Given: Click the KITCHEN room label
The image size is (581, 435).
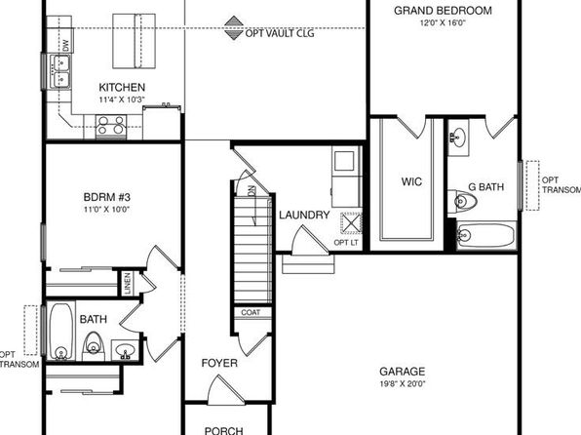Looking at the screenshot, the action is tap(122, 88).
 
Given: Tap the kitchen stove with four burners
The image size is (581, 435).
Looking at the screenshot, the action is tap(111, 125).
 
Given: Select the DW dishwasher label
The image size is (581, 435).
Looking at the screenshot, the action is tap(66, 46).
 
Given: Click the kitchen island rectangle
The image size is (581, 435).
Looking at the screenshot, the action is tap(134, 41).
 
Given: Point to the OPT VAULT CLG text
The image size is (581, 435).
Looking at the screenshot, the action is tap(280, 34).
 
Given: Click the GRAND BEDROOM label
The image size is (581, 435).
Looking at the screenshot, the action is tap(443, 11).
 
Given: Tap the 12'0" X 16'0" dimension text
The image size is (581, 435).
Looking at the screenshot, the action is tap(443, 23).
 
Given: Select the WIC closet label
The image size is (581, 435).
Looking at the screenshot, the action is tap(411, 181).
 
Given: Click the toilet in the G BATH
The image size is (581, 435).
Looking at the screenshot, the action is tap(462, 201).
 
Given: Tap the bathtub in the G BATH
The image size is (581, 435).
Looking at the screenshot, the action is tap(486, 235).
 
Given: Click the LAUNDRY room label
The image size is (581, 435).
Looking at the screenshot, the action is tap(304, 216).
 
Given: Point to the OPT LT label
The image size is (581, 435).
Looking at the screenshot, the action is tap(346, 243).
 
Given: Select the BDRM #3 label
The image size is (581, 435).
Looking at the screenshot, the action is tap(106, 197).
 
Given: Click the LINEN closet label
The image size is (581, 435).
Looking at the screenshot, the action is tap(128, 284).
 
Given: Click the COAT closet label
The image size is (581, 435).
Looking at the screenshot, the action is tap(251, 313).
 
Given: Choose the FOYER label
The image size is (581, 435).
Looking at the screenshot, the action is tap(219, 363).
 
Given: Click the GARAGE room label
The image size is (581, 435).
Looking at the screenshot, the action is tap(402, 372).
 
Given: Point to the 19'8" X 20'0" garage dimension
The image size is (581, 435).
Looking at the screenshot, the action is tap(402, 384).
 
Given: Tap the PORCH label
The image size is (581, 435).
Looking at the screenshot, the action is tap(224, 430).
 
